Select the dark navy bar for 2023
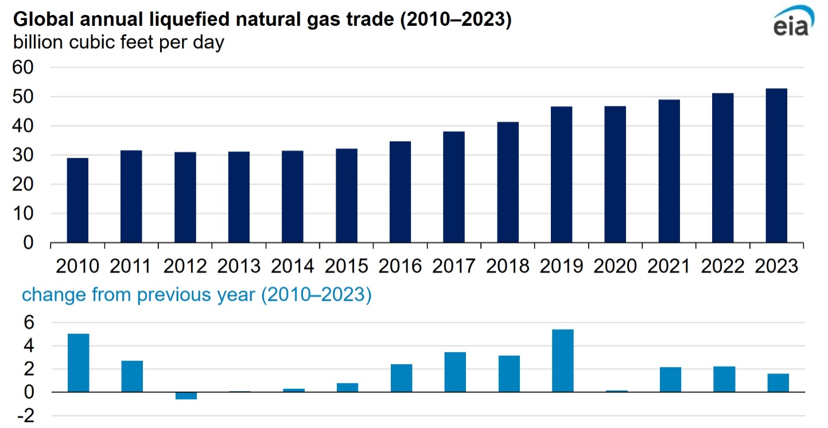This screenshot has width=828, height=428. click(x=776, y=166)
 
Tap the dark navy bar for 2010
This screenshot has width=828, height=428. click(x=77, y=201)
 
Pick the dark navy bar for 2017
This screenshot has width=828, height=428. click(x=454, y=188)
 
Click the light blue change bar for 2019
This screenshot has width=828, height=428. click(x=562, y=361)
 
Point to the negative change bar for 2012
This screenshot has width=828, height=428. click(x=186, y=396)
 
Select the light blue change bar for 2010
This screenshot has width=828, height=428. click(x=78, y=363)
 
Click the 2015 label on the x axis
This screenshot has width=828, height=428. click(x=347, y=266)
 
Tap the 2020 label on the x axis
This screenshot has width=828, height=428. click(x=615, y=266)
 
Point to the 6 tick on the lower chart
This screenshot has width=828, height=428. click(x=29, y=323)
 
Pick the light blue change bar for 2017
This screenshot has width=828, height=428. click(x=454, y=372)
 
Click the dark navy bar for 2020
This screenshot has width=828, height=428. click(x=615, y=174)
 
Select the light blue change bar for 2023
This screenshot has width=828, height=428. click(x=778, y=383)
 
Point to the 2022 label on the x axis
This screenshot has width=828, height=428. click(x=723, y=266)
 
